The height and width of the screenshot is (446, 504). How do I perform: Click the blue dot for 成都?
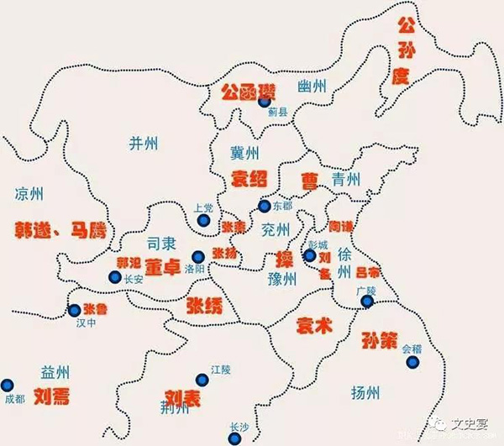(8, 383)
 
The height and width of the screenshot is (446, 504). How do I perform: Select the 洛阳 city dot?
(198, 257)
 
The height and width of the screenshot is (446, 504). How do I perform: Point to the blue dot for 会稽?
(412, 361)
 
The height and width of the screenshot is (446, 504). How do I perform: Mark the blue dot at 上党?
(203, 221)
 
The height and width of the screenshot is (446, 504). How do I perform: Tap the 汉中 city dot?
(74, 310)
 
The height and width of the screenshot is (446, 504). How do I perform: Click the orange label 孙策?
(380, 341)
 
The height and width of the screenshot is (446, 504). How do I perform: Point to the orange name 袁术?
(315, 327)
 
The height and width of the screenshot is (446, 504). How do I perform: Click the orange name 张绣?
(206, 304)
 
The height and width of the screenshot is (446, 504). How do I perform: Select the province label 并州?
(144, 143)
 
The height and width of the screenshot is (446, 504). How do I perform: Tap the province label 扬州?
(366, 392)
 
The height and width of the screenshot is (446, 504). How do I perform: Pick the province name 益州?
(55, 372)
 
